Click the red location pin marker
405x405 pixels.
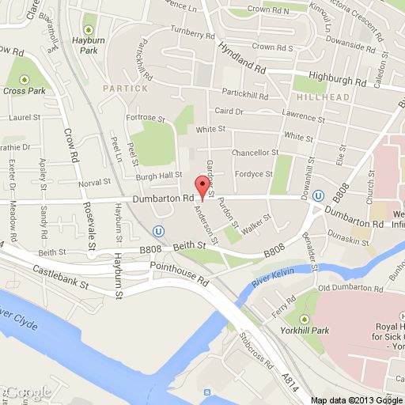coord(202,187)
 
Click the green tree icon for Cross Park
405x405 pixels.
coord(25,79)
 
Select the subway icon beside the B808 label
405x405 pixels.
coord(318,197)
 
